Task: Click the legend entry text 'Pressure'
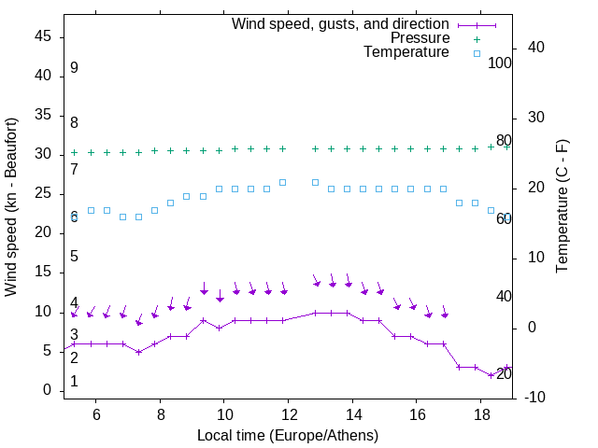420,38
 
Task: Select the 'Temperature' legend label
406,52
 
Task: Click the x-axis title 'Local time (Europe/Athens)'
287,435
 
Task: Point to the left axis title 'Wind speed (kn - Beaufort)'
11,207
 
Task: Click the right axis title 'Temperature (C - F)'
562,207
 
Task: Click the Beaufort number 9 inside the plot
74,68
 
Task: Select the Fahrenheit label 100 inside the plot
500,63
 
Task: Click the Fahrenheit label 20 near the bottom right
504,374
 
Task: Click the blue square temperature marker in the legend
476,53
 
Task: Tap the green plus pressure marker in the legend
476,39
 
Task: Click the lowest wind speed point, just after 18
491,375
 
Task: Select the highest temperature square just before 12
283,182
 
